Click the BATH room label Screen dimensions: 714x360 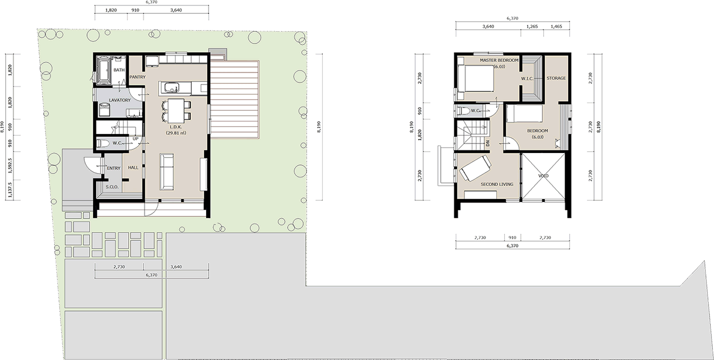coord(119,70)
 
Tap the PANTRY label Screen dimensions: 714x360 coord(137,77)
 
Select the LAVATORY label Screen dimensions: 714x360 coord(120,100)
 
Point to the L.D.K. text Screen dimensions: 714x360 coord(175,127)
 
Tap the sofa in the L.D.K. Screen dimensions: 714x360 coord(167,172)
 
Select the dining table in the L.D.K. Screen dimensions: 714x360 coord(175,110)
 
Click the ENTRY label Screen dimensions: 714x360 coord(114,168)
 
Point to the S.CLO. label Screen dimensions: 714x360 coord(112,187)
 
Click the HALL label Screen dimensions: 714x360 coord(133,168)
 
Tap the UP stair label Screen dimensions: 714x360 coord(136,139)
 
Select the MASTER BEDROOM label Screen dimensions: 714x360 coord(499,60)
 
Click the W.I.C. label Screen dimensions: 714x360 coord(527,79)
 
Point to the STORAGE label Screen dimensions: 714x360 coord(556,78)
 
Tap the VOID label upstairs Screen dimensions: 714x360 coord(544,176)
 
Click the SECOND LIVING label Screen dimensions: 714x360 coord(497,184)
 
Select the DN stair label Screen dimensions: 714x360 coord(488,144)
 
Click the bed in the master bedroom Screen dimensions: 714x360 coord(475,79)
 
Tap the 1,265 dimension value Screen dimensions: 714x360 coord(532,27)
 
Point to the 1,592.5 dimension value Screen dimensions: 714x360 coord(10,166)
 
